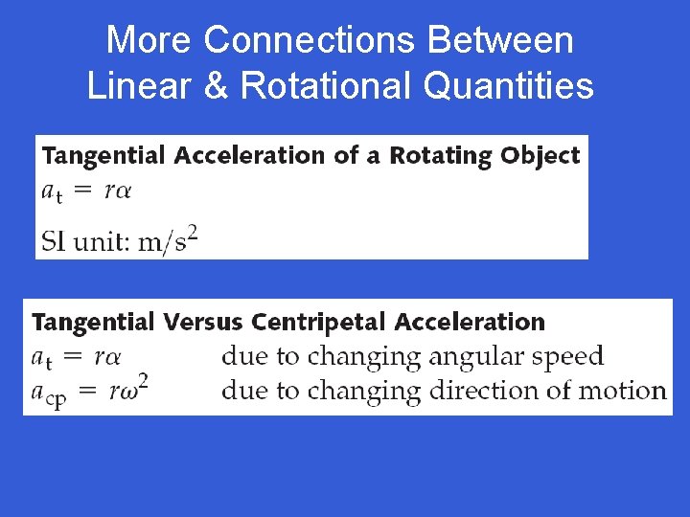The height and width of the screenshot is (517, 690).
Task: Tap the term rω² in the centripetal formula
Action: [x=127, y=390]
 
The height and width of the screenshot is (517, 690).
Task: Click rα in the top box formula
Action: [x=117, y=190]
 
